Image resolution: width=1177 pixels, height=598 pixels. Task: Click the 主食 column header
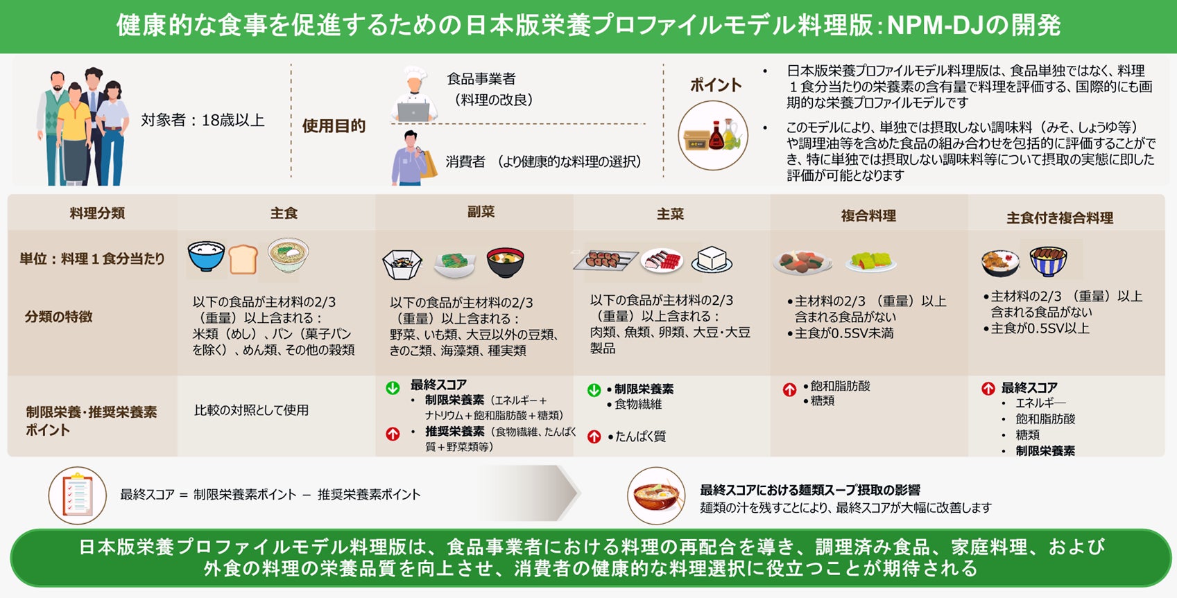[x=284, y=213]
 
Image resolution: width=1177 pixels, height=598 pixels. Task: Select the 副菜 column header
[x=481, y=212]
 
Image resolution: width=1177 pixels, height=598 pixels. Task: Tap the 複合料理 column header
[x=868, y=216]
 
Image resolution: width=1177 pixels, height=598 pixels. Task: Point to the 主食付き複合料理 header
[x=1060, y=218]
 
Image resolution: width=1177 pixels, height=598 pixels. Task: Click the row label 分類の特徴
[x=59, y=317]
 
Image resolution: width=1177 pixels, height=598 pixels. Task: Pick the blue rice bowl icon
[x=206, y=256]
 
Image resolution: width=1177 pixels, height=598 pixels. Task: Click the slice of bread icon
[x=243, y=259]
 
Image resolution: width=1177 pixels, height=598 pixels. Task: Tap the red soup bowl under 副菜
[x=505, y=262]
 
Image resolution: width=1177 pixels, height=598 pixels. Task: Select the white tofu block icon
[x=712, y=260]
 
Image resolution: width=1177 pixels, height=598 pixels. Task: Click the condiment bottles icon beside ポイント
[x=712, y=135]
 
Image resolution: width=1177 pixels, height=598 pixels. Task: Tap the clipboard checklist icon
[x=77, y=495]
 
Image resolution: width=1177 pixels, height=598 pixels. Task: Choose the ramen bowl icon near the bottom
[x=655, y=495]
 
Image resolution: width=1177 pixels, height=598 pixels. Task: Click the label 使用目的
[x=334, y=126]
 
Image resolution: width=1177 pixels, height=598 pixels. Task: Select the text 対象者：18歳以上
[x=203, y=120]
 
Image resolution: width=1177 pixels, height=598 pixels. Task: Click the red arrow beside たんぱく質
[x=594, y=437]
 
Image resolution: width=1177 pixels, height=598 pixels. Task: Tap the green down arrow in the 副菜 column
[x=393, y=388]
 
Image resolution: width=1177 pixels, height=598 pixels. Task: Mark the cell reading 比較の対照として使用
[x=251, y=410]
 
